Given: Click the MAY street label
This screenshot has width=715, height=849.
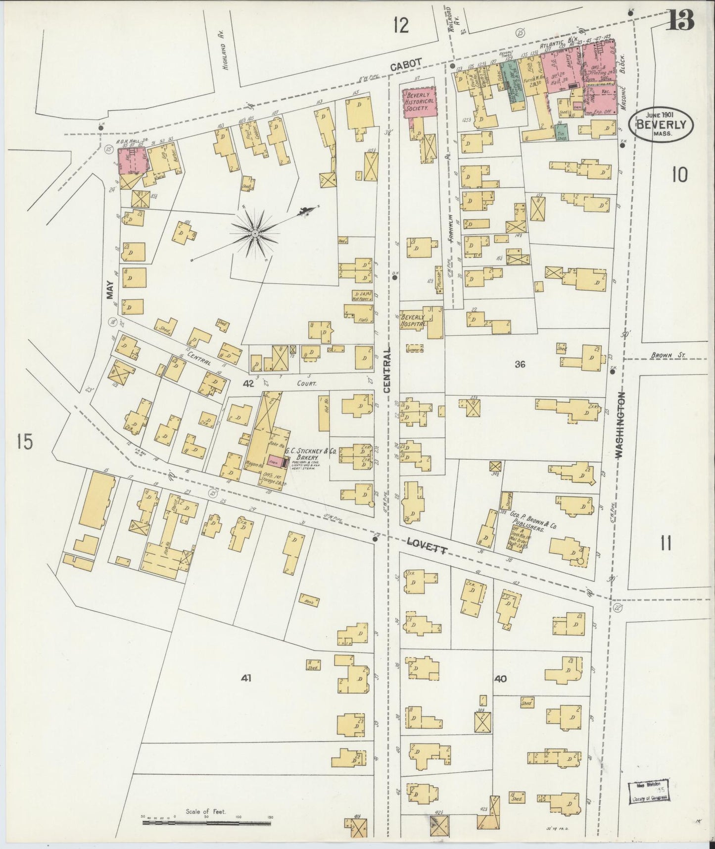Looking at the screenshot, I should [x=110, y=290].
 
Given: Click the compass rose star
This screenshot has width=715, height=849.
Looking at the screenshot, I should [x=254, y=233].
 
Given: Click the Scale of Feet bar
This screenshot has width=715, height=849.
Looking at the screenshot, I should [x=207, y=822].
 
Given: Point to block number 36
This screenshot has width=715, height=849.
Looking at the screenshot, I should [x=520, y=365].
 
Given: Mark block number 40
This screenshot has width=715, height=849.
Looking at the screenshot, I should [x=500, y=679].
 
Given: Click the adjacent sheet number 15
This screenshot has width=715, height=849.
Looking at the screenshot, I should [x=24, y=441].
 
